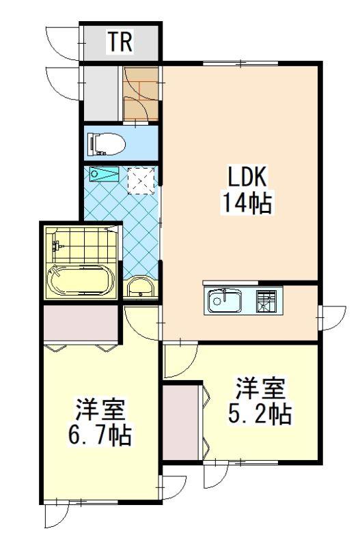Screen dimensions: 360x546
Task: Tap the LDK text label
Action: pyautogui.click(x=247, y=177)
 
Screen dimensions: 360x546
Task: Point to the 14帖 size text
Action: pyautogui.click(x=247, y=203)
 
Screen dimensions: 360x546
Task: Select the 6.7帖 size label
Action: pyautogui.click(x=100, y=435)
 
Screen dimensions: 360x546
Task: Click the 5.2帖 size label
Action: pyautogui.click(x=260, y=414)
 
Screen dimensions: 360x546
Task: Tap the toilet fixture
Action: pyautogui.click(x=107, y=143)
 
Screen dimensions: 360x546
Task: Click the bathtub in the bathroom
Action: pyautogui.click(x=81, y=280)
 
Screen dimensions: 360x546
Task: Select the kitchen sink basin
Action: pyautogui.click(x=225, y=301)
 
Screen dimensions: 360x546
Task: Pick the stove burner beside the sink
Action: pyautogui.click(x=266, y=301)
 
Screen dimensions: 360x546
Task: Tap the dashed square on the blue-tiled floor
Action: pyautogui.click(x=141, y=180)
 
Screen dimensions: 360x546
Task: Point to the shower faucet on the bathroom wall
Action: pyautogui.click(x=57, y=246)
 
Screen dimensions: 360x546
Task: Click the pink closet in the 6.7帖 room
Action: pyautogui.click(x=81, y=323)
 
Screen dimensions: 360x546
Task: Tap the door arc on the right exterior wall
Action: pyautogui.click(x=333, y=318)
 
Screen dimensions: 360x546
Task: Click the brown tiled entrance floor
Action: pyautogui.click(x=141, y=94)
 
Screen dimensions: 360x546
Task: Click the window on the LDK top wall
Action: pyautogui.click(x=240, y=63)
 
